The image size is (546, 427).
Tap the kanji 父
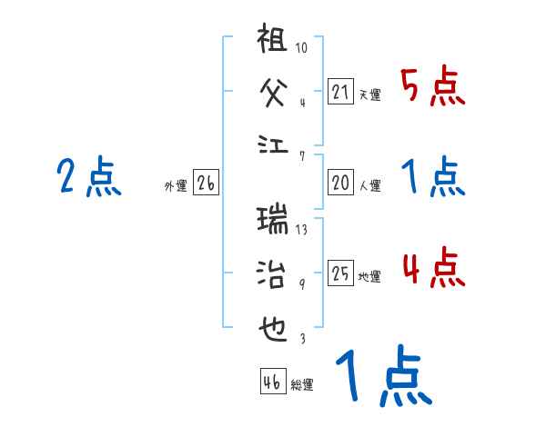point(274,90)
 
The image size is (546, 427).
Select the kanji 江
point(274,144)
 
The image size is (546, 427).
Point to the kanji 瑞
point(274,219)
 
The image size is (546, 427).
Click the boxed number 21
point(340,92)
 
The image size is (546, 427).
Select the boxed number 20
point(340,183)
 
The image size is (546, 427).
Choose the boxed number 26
point(206,183)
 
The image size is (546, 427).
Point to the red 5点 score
point(432,87)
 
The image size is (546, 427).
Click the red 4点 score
point(432,269)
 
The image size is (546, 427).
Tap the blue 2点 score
point(89,176)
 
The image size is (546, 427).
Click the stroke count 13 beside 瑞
point(301,230)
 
